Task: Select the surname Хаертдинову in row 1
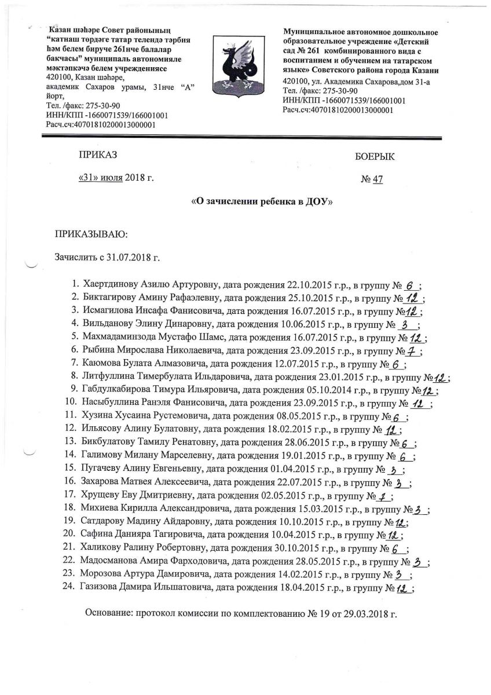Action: (x=112, y=286)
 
